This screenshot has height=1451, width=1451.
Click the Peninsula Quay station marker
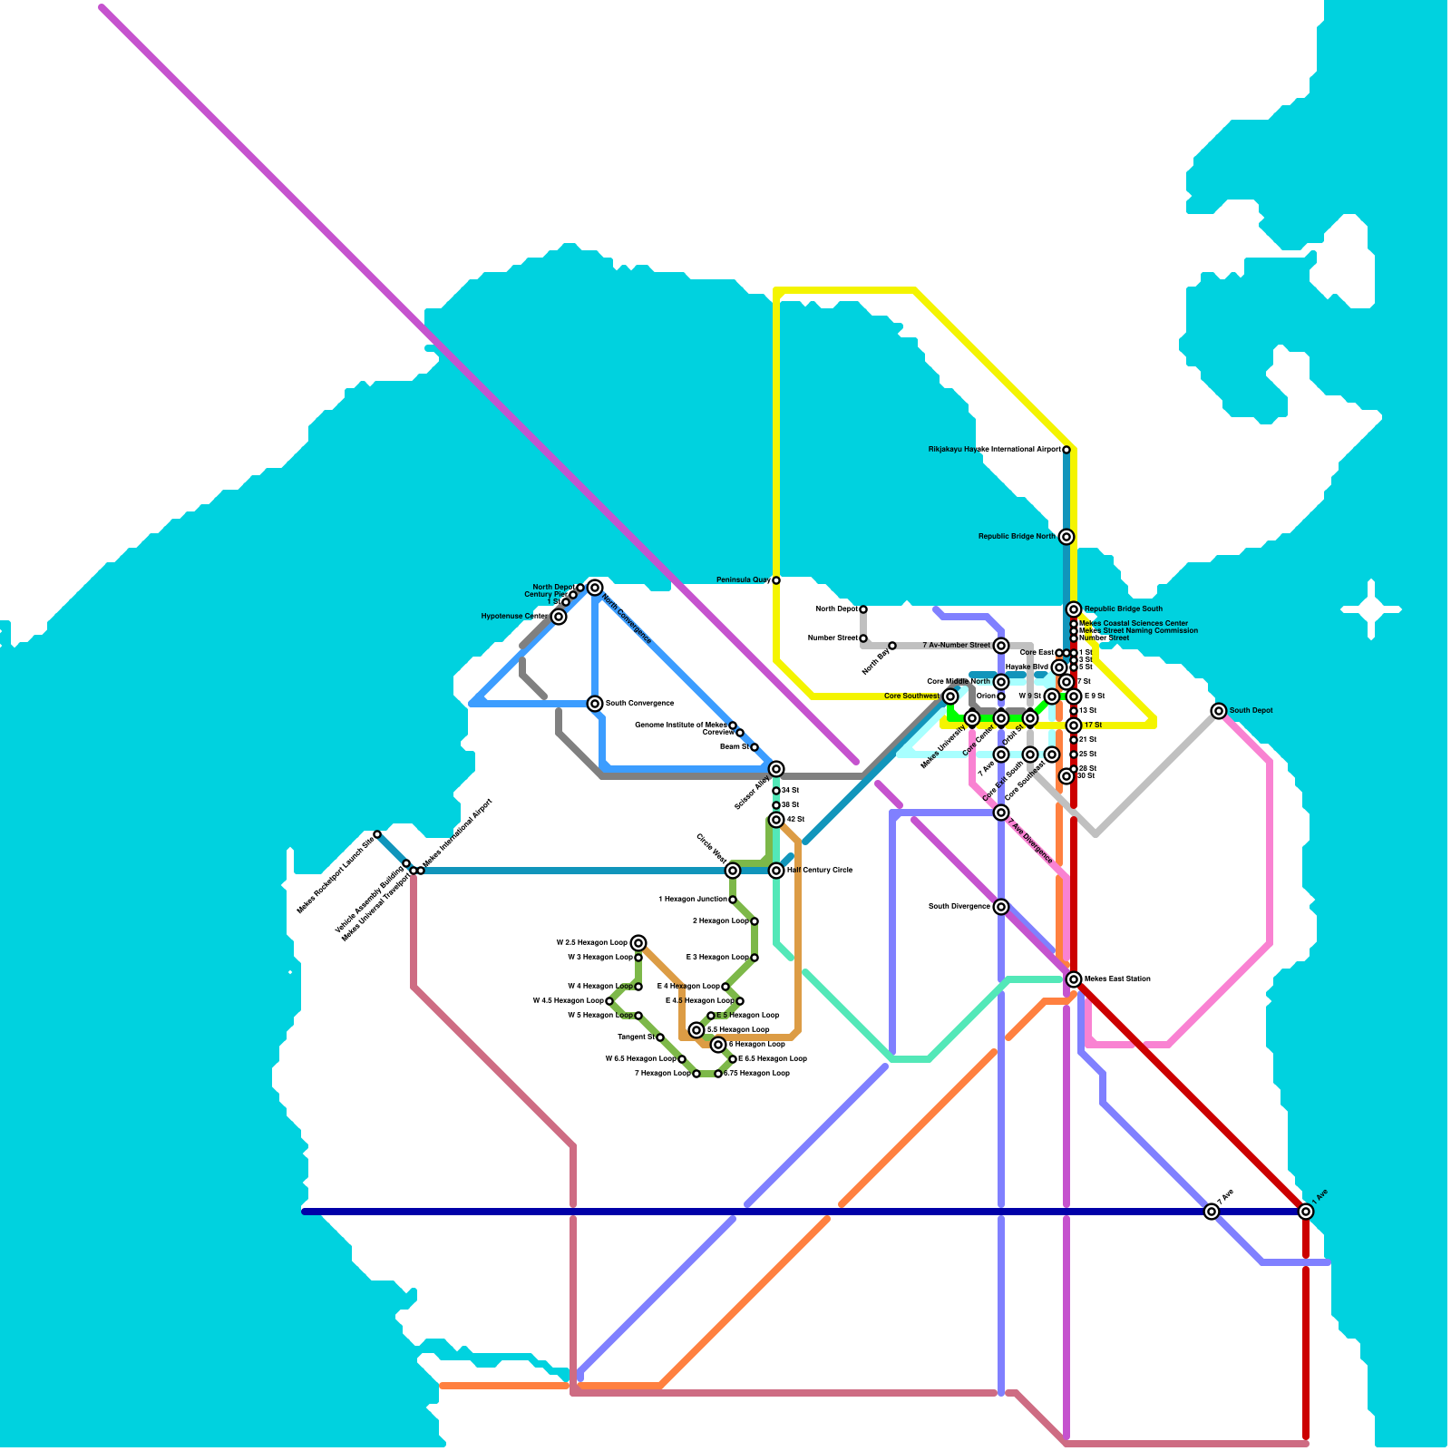pyautogui.click(x=775, y=580)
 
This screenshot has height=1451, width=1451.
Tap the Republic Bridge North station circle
pyautogui.click(x=1066, y=537)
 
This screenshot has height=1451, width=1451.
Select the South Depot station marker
pyautogui.click(x=1219, y=711)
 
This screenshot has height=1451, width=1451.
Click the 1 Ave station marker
pyautogui.click(x=1306, y=1212)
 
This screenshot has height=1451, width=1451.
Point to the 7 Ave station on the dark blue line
pyautogui.click(x=1212, y=1212)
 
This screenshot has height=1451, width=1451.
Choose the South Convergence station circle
pyautogui.click(x=595, y=704)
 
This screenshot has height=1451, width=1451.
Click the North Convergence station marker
pyautogui.click(x=595, y=588)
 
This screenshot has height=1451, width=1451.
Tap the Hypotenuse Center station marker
pyautogui.click(x=559, y=617)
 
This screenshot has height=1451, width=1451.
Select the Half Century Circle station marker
pyautogui.click(x=776, y=871)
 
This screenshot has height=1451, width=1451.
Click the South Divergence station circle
pyautogui.click(x=1001, y=907)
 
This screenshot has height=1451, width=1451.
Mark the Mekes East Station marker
pyautogui.click(x=1074, y=979)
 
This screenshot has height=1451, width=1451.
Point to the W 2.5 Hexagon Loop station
pyautogui.click(x=638, y=943)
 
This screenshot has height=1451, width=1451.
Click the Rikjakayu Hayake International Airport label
pyautogui.click(x=994, y=450)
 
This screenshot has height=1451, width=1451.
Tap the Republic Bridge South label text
pyautogui.click(x=1123, y=609)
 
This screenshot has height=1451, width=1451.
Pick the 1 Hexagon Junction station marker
pyautogui.click(x=733, y=900)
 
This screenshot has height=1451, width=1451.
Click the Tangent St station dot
pyautogui.click(x=660, y=1037)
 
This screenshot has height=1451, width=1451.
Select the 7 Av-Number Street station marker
pyautogui.click(x=1001, y=646)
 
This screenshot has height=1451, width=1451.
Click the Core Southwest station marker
pyautogui.click(x=950, y=696)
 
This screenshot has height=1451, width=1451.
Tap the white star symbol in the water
pyautogui.click(x=1371, y=609)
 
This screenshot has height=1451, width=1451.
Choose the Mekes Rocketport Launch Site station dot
pyautogui.click(x=377, y=834)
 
